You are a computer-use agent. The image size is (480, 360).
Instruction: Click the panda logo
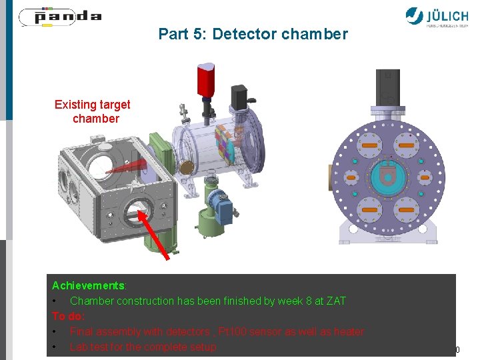[59, 17]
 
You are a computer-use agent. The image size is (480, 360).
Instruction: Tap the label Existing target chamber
[92, 112]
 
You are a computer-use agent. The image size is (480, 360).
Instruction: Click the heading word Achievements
[87, 285]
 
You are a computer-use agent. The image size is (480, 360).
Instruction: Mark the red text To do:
[69, 316]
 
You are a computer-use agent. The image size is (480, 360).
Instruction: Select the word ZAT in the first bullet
[335, 301]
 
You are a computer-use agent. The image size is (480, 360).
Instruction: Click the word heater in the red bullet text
[349, 331]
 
